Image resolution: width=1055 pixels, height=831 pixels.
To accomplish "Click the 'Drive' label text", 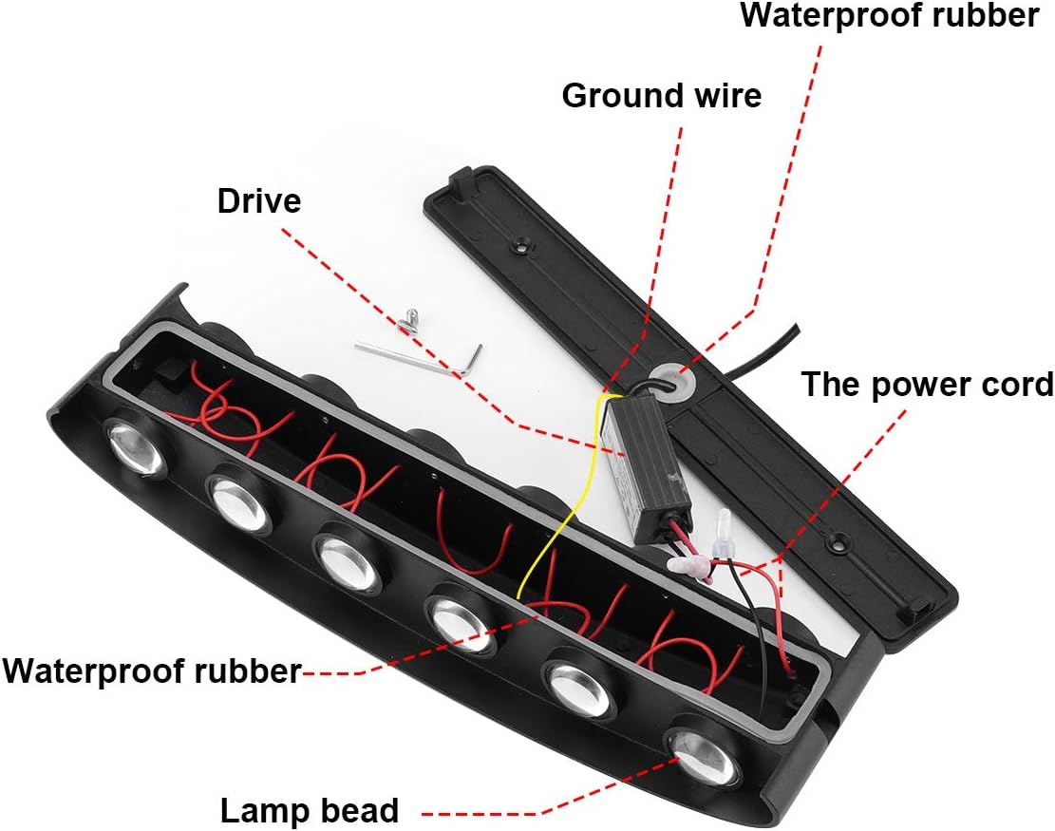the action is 259,201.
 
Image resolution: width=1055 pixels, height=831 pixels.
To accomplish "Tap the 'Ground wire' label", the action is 662,96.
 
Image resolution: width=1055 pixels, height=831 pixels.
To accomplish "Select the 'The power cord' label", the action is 927,385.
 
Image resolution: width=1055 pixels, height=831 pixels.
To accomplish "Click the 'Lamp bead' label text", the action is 309,811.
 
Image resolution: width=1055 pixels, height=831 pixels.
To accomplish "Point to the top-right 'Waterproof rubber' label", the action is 890,16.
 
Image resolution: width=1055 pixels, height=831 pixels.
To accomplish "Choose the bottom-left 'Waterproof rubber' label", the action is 152,670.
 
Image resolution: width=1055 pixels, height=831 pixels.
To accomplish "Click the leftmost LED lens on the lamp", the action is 135,444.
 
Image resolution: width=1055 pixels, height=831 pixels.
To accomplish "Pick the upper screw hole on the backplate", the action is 520,245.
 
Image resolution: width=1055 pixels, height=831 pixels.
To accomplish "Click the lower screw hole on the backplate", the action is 838,539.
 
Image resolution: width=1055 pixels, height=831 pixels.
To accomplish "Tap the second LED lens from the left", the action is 239,502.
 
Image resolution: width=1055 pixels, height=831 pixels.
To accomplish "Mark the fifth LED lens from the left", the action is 579,689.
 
